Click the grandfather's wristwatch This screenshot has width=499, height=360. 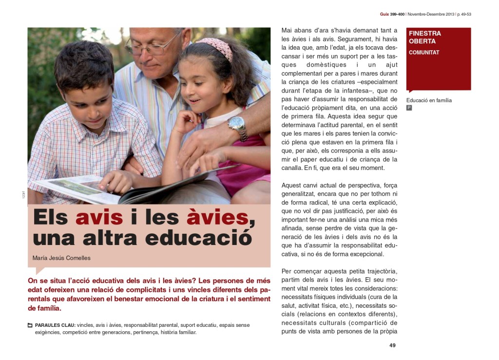(237, 126)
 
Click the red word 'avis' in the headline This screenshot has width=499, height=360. (100, 217)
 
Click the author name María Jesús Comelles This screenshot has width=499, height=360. (61, 258)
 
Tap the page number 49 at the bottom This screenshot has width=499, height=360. (392, 345)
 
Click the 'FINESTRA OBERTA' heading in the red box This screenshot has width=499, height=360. (425, 38)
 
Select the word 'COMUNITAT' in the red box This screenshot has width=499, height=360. (424, 53)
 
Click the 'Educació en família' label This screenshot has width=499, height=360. (429, 100)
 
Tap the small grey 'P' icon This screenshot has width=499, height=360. (409, 108)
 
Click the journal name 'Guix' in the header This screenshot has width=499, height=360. (384, 15)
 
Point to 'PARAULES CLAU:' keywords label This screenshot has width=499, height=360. (55, 325)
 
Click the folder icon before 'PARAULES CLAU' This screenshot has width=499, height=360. (30, 325)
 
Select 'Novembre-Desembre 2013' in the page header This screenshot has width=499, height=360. (430, 15)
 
